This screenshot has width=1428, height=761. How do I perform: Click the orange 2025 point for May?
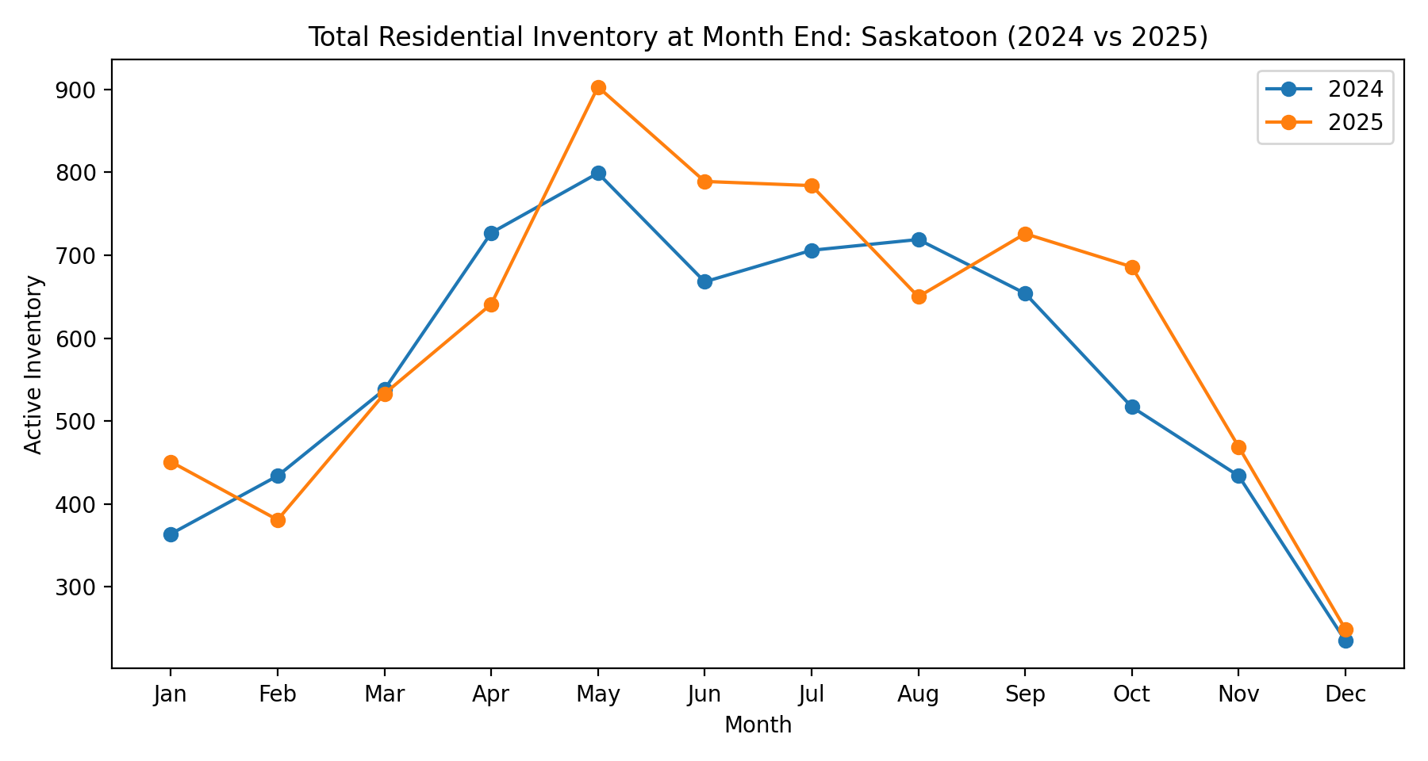598,87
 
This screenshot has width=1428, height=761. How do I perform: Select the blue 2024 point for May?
598,173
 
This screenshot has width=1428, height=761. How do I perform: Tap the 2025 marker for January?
171,462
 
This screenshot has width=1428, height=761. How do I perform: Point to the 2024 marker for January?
171,534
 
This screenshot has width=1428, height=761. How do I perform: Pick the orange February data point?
278,520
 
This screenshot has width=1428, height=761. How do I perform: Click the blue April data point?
491,233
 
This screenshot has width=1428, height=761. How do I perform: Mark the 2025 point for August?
919,296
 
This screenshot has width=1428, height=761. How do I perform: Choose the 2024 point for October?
1132,407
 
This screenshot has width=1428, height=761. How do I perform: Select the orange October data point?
1132,267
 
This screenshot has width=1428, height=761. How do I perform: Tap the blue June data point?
704,281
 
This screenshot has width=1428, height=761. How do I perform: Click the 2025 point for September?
1025,234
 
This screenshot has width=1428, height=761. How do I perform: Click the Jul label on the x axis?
812,695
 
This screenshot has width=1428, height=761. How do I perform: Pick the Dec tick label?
1345,695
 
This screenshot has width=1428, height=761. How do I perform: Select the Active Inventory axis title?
33,365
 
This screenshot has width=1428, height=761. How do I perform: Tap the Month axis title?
758,725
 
